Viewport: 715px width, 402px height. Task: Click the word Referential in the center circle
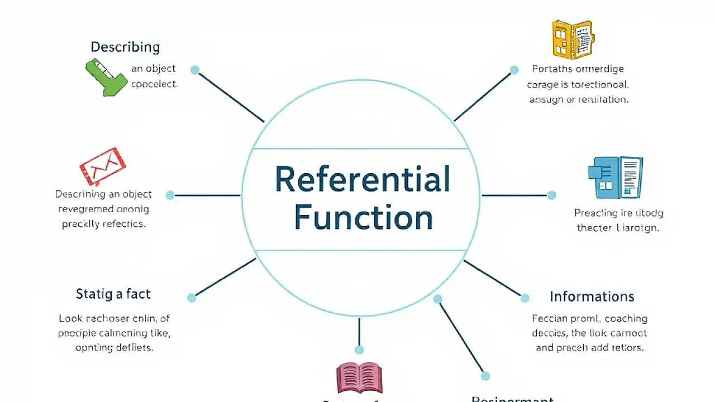363,180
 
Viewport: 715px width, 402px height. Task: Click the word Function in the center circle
363,218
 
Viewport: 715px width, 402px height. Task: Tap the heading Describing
125,47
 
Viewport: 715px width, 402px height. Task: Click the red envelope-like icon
102,166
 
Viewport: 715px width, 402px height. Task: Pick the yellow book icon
572,39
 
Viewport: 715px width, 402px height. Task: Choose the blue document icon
615,177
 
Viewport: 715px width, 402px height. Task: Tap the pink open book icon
359,377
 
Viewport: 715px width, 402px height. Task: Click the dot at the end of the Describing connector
195,70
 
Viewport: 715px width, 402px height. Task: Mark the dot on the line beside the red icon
170,195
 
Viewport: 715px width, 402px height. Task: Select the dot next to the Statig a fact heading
192,298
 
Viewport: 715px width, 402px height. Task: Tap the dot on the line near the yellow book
514,70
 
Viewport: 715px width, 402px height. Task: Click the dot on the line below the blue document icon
551,195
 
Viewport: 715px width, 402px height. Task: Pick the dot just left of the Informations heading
525,298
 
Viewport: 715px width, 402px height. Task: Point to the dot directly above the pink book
359,350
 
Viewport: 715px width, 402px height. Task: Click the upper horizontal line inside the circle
360,149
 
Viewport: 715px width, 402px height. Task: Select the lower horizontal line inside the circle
360,250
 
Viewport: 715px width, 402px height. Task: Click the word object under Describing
161,69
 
